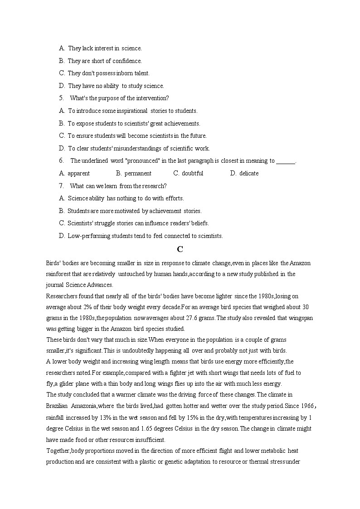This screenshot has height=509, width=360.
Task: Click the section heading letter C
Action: [x=180, y=249]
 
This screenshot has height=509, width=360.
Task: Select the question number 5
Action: [x=61, y=98]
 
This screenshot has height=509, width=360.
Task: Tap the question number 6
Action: [x=61, y=160]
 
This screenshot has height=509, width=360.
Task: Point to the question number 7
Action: [x=61, y=186]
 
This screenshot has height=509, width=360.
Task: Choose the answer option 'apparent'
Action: [x=78, y=173]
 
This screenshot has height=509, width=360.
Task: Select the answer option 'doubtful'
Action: [x=192, y=173]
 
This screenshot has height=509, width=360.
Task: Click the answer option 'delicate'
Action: [x=248, y=173]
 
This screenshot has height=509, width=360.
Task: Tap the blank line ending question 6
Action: [x=286, y=161]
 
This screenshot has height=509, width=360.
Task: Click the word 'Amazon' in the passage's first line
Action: [x=300, y=263]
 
